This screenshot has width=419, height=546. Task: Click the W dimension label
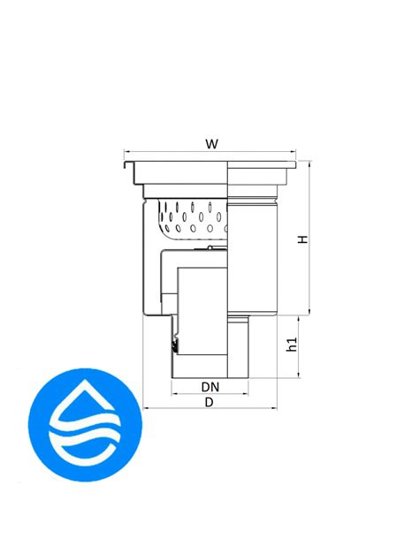coord(211,144)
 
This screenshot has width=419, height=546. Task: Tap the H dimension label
coord(303,239)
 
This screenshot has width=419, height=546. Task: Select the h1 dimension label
coord(292,344)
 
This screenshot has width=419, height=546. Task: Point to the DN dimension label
coord(210,387)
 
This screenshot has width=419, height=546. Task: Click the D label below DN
coord(209,403)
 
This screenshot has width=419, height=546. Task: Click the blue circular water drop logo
coord(85,425)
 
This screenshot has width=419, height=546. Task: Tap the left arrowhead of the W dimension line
coord(126,152)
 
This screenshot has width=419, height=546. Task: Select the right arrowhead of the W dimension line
coord(293,152)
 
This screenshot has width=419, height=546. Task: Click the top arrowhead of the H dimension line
coord(309,163)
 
